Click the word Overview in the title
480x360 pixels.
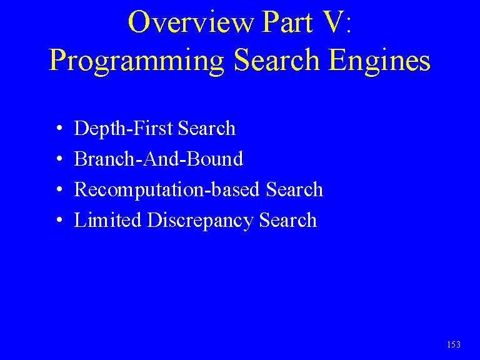point(191,21)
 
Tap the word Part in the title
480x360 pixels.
point(287,21)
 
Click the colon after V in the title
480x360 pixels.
point(349,25)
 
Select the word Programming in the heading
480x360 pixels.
point(136,61)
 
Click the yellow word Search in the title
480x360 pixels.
point(277,59)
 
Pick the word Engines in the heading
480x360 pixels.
point(379,61)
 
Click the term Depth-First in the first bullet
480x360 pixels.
point(124,128)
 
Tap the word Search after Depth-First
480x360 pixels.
point(207,128)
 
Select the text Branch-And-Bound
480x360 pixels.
point(159,159)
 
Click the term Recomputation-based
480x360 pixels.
point(167,190)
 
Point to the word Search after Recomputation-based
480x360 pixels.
point(294,189)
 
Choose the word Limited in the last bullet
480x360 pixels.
point(107,220)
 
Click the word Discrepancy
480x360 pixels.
point(200,221)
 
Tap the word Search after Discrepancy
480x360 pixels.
point(287,220)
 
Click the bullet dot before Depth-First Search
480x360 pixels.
point(59,127)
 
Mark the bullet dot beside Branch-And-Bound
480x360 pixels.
point(59,158)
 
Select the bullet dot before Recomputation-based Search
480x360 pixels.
point(59,189)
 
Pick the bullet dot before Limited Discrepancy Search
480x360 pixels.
point(59,219)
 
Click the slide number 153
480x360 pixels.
point(454,345)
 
